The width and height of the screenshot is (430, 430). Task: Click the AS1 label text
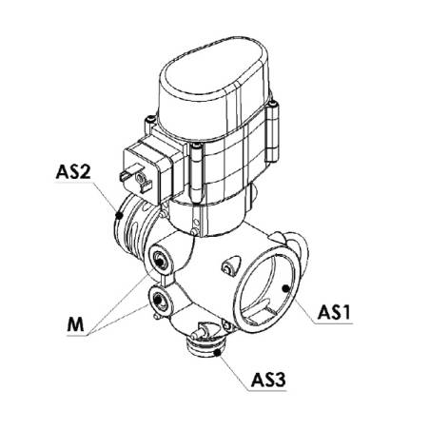click(334, 312)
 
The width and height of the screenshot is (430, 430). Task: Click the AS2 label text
click(73, 171)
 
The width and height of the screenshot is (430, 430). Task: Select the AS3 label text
click(268, 380)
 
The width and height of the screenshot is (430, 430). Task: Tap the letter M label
click(75, 324)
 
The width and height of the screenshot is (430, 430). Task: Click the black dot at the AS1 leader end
click(285, 288)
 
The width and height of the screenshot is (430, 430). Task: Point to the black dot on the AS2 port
click(119, 216)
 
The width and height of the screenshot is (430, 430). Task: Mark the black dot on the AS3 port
click(217, 353)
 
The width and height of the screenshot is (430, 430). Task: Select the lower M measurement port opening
click(158, 299)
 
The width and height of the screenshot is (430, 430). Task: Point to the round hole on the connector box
click(140, 179)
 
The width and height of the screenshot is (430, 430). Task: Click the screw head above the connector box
click(150, 120)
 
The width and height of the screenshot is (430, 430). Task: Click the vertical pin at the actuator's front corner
click(197, 173)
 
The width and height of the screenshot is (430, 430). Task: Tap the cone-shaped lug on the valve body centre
click(232, 264)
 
